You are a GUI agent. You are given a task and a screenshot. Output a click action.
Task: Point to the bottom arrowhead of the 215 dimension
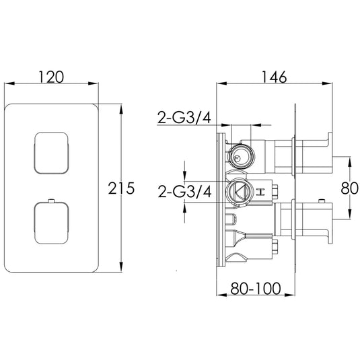(120, 271)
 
